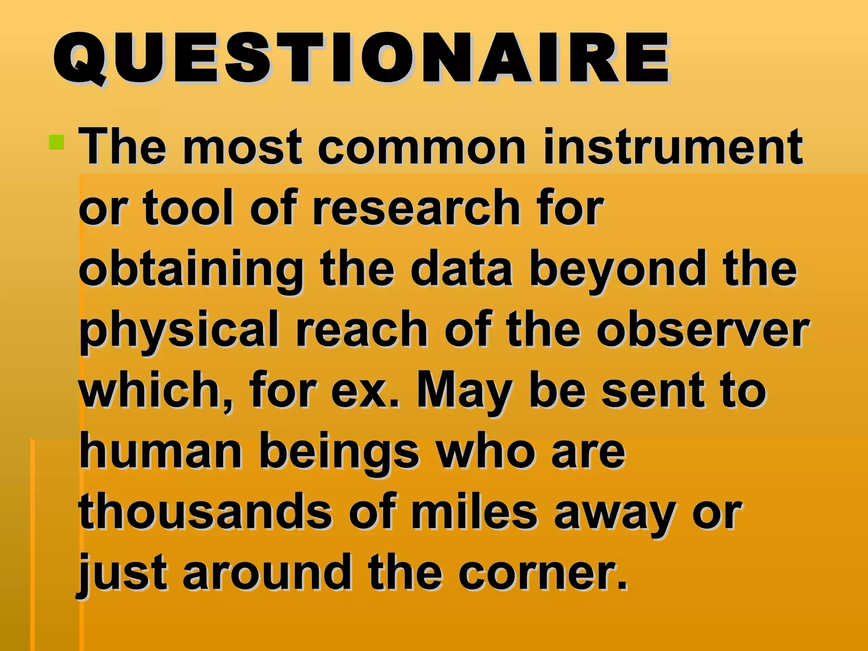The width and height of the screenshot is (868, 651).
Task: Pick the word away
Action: coord(615,514)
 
